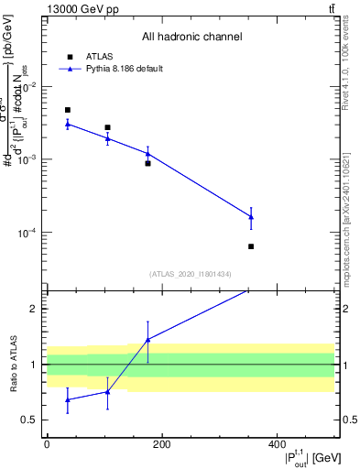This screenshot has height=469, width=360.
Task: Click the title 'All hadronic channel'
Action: [191, 37]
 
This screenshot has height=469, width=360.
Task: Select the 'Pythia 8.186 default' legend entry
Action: [115, 69]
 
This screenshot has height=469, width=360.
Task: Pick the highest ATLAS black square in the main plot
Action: [68, 110]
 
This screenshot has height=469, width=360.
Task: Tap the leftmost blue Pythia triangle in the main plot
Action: [68, 124]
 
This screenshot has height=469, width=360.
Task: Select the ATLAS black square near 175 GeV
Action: [147, 163]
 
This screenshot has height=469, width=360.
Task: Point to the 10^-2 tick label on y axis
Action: [27, 87]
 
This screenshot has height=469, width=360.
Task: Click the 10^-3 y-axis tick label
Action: [27, 159]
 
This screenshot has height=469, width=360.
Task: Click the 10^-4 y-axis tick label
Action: [27, 233]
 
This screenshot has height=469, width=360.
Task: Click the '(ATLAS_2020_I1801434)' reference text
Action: [191, 274]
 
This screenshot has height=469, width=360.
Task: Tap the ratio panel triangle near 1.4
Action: [147, 340]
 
